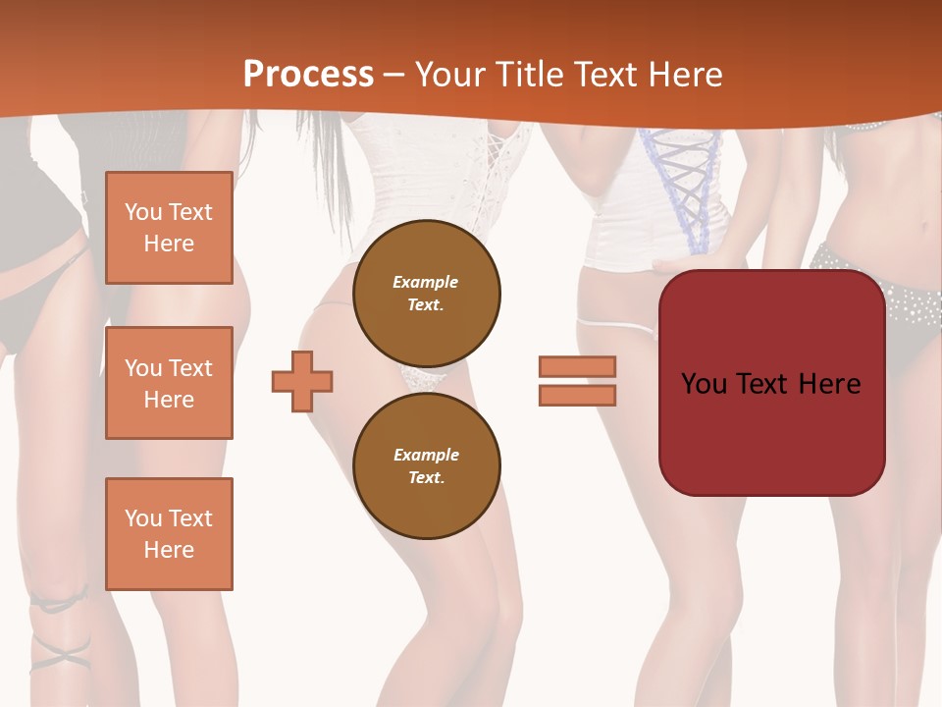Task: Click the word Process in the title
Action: click(308, 74)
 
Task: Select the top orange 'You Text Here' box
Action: click(169, 228)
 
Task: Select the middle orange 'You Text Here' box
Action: click(169, 383)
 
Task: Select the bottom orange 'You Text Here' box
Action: click(169, 534)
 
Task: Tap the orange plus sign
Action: click(302, 381)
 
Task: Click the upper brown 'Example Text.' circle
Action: click(427, 294)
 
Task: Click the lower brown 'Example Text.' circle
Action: click(427, 466)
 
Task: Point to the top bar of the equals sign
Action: click(577, 366)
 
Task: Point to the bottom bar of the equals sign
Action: click(577, 396)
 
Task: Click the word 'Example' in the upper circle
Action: click(425, 282)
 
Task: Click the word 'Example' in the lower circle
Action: click(426, 455)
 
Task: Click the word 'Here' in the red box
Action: click(829, 383)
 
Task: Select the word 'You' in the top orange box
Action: click(141, 212)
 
